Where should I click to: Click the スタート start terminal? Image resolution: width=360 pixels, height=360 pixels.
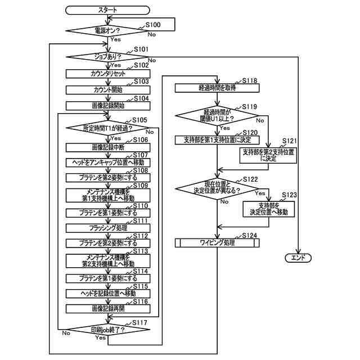[107, 10]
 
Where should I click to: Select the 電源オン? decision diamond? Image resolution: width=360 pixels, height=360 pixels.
[107, 30]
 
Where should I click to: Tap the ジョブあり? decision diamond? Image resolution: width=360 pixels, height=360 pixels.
[107, 57]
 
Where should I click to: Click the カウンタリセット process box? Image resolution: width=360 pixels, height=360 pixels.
[107, 73]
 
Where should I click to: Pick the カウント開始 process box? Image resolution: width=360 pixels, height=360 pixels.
[107, 89]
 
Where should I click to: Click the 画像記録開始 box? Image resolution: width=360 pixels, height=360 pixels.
[107, 105]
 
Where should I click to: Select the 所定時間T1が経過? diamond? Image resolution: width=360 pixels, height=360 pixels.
[107, 129]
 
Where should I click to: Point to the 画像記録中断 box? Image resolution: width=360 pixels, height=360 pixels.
[107, 147]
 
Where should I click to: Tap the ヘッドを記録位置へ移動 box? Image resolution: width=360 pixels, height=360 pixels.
[107, 293]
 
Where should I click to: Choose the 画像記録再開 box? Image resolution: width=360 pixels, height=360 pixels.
[107, 308]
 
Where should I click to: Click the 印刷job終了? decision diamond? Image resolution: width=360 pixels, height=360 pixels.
[107, 330]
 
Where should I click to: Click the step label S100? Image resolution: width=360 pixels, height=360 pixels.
[152, 25]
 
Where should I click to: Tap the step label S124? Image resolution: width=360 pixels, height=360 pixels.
[250, 235]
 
